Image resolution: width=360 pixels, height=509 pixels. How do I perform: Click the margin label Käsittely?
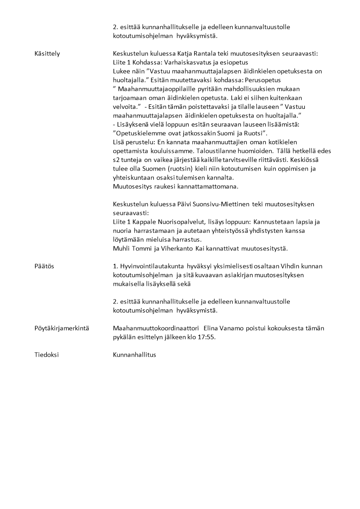click(x=47, y=54)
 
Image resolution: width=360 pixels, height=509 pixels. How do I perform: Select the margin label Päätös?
click(x=44, y=266)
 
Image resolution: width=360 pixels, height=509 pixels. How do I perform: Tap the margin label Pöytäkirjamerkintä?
click(x=61, y=328)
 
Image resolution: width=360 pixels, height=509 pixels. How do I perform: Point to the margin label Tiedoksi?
click(x=46, y=355)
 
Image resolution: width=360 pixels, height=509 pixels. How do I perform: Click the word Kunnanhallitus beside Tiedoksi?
click(x=134, y=355)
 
